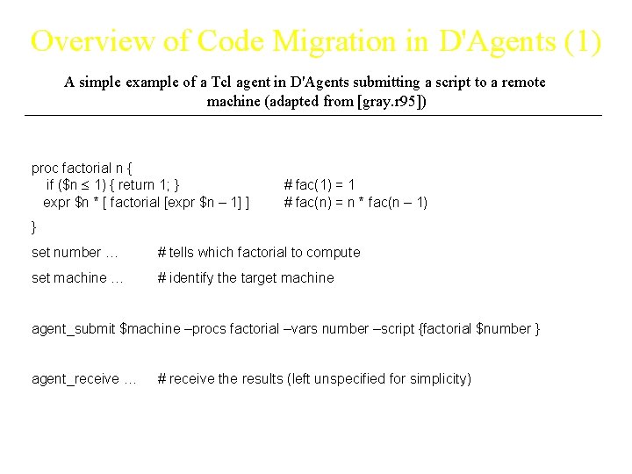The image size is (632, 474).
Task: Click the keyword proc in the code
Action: point(45,168)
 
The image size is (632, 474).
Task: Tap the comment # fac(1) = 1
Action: point(320,185)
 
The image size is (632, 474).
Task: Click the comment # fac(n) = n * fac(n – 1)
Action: point(355,203)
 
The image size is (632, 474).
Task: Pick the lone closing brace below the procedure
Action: point(34,226)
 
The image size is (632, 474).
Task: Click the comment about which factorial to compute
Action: point(259,253)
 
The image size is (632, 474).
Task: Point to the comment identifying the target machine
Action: point(246,278)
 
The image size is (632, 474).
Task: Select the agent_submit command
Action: point(74,329)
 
